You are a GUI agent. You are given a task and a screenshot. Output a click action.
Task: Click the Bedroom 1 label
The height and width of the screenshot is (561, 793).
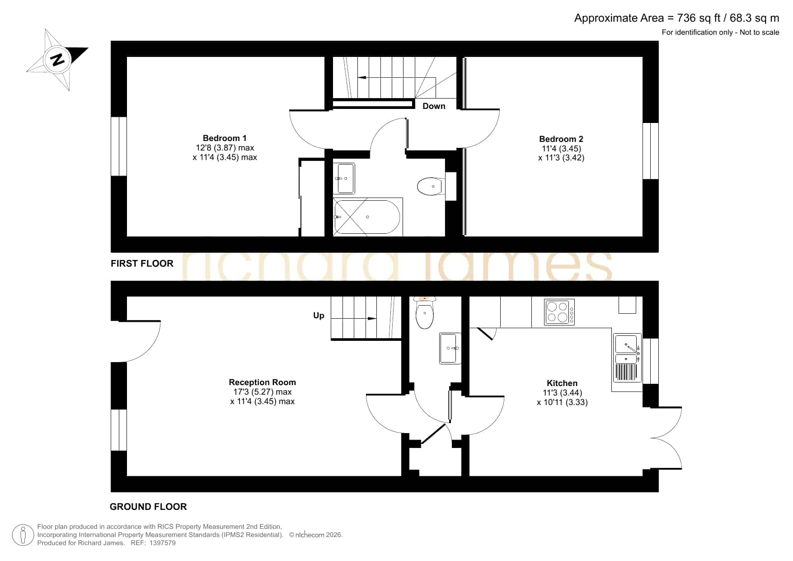click(x=225, y=138)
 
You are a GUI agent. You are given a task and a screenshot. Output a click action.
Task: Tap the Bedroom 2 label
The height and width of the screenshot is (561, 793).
click(x=561, y=139)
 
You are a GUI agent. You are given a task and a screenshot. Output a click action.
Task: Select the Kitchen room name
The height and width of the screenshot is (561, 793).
click(x=562, y=383)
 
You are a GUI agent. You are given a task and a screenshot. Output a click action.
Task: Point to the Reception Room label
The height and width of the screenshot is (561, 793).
click(x=262, y=382)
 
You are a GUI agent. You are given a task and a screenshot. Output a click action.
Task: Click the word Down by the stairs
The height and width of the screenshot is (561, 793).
click(x=434, y=106)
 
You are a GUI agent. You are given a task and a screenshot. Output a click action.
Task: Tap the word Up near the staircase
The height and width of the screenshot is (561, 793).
click(x=319, y=316)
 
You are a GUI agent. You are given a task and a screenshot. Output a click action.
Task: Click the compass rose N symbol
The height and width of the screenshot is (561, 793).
click(x=57, y=59)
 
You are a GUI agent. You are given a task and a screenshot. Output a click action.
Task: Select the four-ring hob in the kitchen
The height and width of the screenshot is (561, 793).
click(x=559, y=312)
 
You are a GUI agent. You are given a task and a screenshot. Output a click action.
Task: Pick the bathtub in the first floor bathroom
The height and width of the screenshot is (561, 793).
click(x=367, y=217)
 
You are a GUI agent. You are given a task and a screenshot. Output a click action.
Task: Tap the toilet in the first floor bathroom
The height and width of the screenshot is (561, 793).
click(x=431, y=186)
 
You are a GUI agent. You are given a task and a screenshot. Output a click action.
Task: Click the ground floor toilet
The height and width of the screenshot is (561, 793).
click(x=425, y=312)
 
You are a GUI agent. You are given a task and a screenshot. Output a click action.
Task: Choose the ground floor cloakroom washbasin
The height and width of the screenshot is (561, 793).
click(x=450, y=348)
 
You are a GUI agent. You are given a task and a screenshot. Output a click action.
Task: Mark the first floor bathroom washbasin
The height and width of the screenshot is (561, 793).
click(x=346, y=178)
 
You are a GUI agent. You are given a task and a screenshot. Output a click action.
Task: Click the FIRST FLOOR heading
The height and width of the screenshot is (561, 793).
click(x=142, y=264)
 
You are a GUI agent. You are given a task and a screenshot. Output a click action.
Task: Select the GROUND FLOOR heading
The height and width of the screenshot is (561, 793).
click(x=148, y=507)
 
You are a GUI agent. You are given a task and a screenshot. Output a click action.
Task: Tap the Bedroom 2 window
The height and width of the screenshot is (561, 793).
click(x=651, y=151)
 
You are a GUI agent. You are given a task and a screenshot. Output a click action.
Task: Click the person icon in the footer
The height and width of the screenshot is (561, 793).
click(x=23, y=535)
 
